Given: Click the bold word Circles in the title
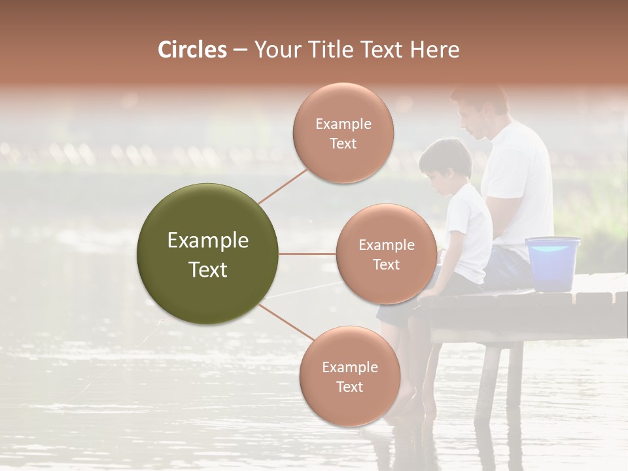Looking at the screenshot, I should pyautogui.click(x=192, y=50).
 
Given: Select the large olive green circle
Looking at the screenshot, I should pyautogui.click(x=208, y=254).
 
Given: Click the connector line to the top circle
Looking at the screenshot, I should pyautogui.click(x=283, y=186).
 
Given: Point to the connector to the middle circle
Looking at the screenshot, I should pyautogui.click(x=307, y=254).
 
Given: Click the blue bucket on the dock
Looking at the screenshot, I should pyautogui.click(x=553, y=263).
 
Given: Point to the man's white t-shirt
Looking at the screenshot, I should pyautogui.click(x=520, y=183).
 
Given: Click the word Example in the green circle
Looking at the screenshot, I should pyautogui.click(x=208, y=241).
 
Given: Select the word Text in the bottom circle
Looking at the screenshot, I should pyautogui.click(x=349, y=387).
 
